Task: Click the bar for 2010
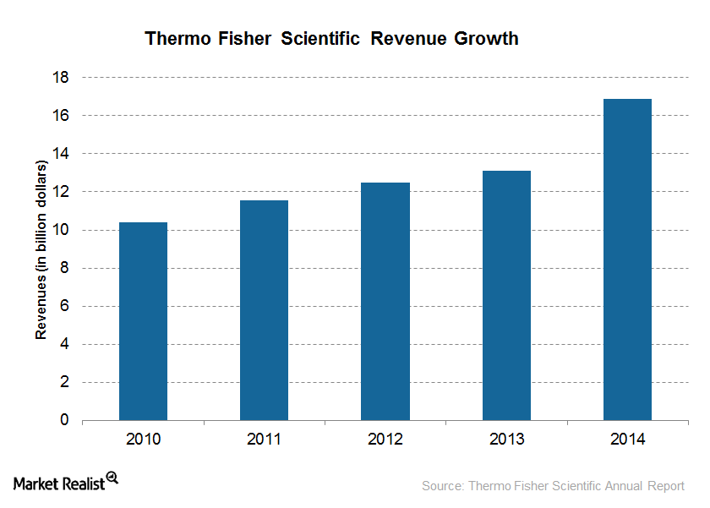tap(143, 321)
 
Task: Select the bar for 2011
tap(264, 310)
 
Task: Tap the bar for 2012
tap(385, 301)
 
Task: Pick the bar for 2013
tap(506, 295)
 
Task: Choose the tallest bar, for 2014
tap(627, 259)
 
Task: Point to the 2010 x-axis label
tap(143, 440)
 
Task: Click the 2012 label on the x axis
tap(385, 440)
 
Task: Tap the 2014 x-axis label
tap(627, 440)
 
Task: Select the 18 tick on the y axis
tap(62, 78)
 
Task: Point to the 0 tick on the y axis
tap(65, 420)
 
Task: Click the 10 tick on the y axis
tap(62, 230)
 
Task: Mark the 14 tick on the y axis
tap(62, 154)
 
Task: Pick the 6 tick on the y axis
tap(65, 306)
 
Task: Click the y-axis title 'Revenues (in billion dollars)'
tap(40, 249)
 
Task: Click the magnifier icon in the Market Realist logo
tap(112, 478)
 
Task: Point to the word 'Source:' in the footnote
tap(442, 486)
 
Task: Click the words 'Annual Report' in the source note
tap(650, 486)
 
